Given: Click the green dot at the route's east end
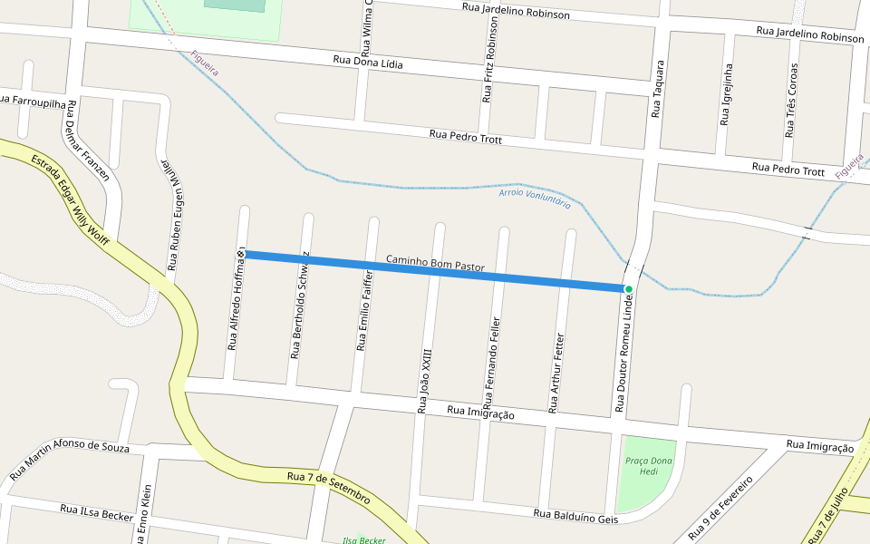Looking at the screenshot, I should [x=628, y=289].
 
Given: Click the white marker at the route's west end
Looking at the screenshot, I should [x=242, y=254].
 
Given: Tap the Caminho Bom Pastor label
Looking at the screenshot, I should [x=435, y=264].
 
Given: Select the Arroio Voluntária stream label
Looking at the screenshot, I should [x=535, y=199].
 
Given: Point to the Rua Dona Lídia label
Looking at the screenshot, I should [x=368, y=64].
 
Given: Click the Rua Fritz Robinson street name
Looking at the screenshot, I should [x=490, y=72].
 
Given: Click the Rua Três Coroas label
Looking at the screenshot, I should [x=792, y=100].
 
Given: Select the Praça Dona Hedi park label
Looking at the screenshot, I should [x=649, y=466].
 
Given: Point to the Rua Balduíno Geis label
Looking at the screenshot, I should [x=575, y=516].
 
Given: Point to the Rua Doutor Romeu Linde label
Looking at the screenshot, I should [x=623, y=355].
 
